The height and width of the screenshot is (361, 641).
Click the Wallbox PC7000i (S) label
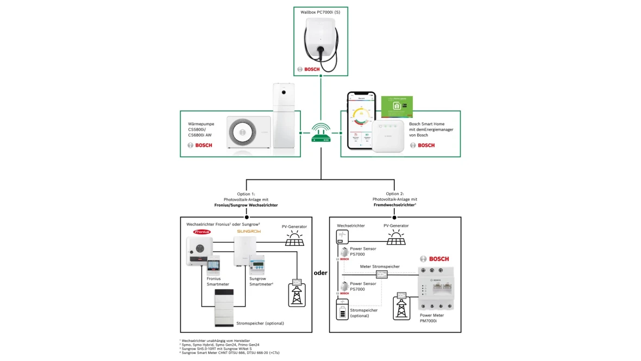click(320, 12)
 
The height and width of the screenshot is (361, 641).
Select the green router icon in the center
click(320, 133)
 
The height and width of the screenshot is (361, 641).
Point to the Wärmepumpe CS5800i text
click(201, 130)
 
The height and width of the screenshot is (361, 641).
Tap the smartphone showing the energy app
click(361, 122)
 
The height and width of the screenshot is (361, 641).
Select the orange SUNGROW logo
click(248, 231)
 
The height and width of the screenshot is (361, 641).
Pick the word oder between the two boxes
click(320, 273)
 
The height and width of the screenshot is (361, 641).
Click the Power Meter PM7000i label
click(432, 318)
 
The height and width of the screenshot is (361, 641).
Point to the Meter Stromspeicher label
click(380, 266)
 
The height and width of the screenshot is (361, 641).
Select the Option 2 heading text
click(395, 199)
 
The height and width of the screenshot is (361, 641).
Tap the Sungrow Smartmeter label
click(261, 282)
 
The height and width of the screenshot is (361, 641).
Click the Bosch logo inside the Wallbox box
click(308, 69)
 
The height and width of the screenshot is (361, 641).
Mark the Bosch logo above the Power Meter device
click(434, 259)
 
